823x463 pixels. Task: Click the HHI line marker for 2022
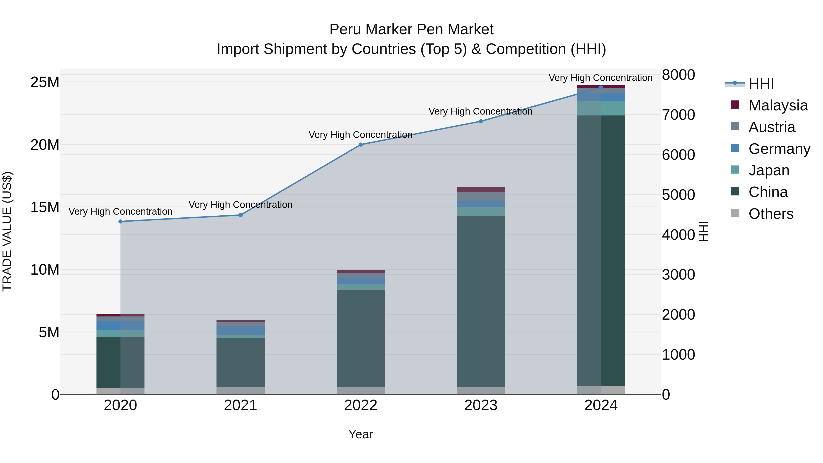(x=361, y=145)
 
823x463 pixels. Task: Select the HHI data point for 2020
(x=120, y=221)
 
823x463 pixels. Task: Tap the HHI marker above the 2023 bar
(x=481, y=121)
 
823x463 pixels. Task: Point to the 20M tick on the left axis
(x=45, y=145)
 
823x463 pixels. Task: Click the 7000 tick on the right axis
(x=678, y=115)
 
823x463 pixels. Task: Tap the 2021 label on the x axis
(x=240, y=405)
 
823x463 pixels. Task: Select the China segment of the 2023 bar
(x=481, y=300)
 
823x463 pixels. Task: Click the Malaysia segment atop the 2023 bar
(x=481, y=190)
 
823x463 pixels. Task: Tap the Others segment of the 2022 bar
(x=361, y=391)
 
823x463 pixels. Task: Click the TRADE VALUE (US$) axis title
(x=7, y=231)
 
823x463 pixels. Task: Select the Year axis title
(x=361, y=434)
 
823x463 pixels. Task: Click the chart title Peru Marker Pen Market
(x=411, y=29)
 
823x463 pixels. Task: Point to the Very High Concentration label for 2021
(x=240, y=204)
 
